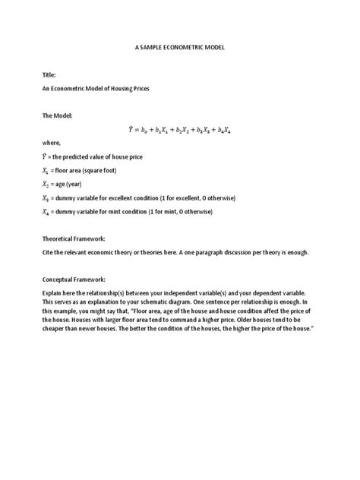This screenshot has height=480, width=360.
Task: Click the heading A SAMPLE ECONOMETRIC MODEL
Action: [x=180, y=47]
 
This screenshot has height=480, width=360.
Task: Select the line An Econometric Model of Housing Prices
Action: [x=95, y=89]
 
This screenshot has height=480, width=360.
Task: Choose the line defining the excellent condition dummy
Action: [x=137, y=197]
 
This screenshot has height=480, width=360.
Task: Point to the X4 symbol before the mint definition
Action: [x=46, y=213]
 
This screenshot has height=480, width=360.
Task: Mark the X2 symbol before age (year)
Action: [x=46, y=185]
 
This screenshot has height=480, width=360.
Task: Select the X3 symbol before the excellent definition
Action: [x=46, y=198]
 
